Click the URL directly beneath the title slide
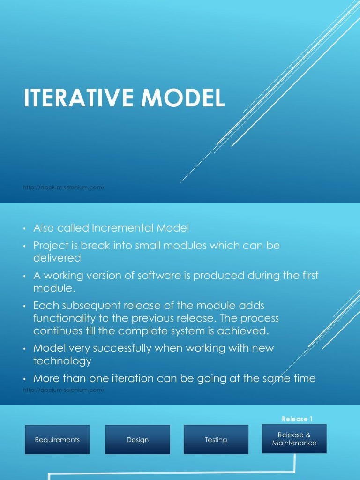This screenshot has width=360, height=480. point(63,187)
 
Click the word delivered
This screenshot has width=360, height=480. point(57,258)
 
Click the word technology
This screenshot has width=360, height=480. point(62,360)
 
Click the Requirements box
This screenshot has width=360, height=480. point(57,440)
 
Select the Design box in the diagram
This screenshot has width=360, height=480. point(137,440)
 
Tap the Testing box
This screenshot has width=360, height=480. point(216,440)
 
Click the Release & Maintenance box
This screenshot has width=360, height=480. point(294,439)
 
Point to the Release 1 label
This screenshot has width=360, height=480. point(297,419)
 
